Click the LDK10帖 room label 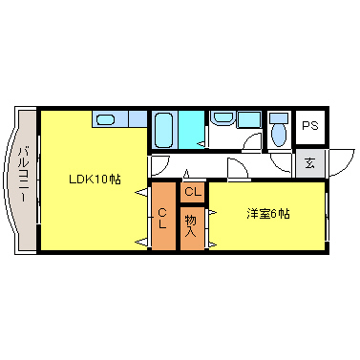click(94, 179)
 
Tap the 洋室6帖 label click(266, 212)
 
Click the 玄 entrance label click(309, 162)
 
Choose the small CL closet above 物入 click(192, 192)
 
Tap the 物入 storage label click(191, 225)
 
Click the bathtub click(162, 129)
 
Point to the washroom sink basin click(223, 118)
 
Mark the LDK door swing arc click(159, 163)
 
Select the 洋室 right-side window click(328, 216)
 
